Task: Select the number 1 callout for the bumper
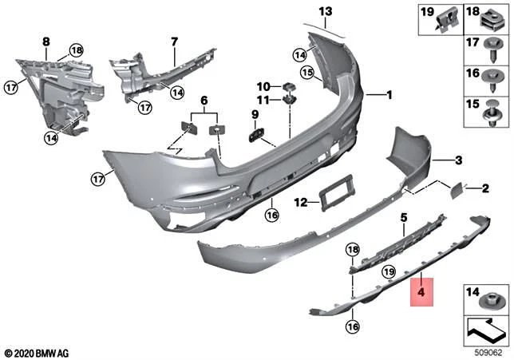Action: point(389,95)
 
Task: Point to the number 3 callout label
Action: point(458,160)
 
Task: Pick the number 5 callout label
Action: point(403,217)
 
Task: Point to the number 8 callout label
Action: point(45,41)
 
